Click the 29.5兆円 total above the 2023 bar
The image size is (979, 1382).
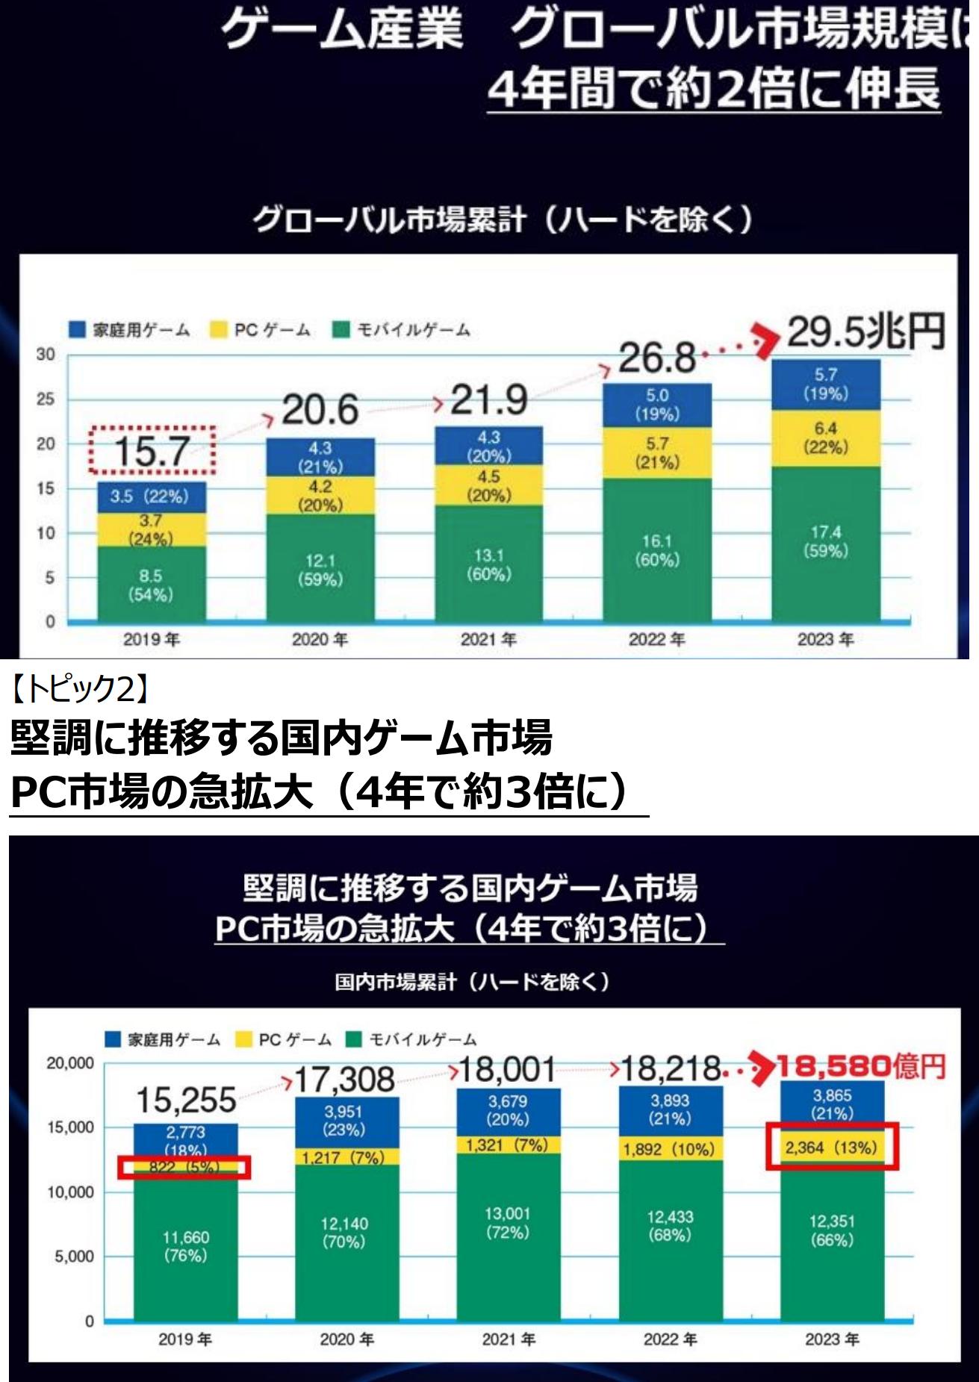(x=865, y=332)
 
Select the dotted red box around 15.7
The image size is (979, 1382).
(x=152, y=450)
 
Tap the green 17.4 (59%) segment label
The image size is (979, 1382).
(x=825, y=541)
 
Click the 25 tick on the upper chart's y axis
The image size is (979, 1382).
(x=46, y=399)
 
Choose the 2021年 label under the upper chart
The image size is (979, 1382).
(x=488, y=639)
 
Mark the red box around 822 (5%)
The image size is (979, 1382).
(x=184, y=1167)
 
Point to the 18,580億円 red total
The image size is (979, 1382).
(x=861, y=1067)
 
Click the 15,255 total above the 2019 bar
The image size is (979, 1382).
(x=186, y=1101)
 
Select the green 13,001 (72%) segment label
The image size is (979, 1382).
(x=507, y=1223)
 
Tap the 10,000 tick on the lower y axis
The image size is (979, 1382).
(x=70, y=1192)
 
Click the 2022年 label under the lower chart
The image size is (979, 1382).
(x=670, y=1339)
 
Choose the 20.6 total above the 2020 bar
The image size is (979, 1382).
(x=320, y=410)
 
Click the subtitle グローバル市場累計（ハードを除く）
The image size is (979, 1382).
(x=502, y=220)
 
